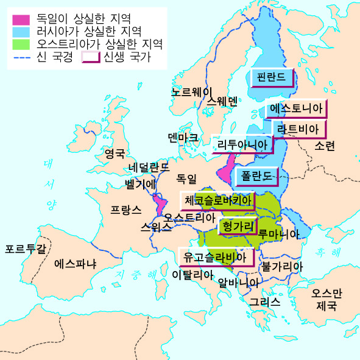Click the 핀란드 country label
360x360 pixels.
[271, 78]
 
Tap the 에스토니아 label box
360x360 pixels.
[296, 109]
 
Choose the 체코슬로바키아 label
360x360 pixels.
[217, 200]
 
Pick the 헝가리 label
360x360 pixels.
[238, 225]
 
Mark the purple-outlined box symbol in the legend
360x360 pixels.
[91, 58]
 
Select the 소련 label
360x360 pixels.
[325, 146]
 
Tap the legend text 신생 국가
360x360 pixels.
[127, 58]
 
